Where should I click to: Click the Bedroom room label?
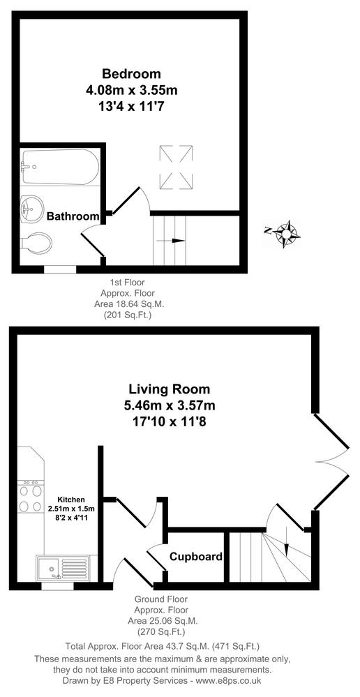click(x=132, y=73)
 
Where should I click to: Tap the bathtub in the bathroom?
click(x=59, y=167)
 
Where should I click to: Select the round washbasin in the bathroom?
click(x=32, y=207)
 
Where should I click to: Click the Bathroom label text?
click(x=73, y=216)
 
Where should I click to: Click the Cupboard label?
click(x=195, y=557)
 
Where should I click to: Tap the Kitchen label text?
click(x=71, y=500)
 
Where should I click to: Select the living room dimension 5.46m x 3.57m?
click(x=169, y=406)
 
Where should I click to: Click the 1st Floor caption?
click(x=123, y=283)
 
